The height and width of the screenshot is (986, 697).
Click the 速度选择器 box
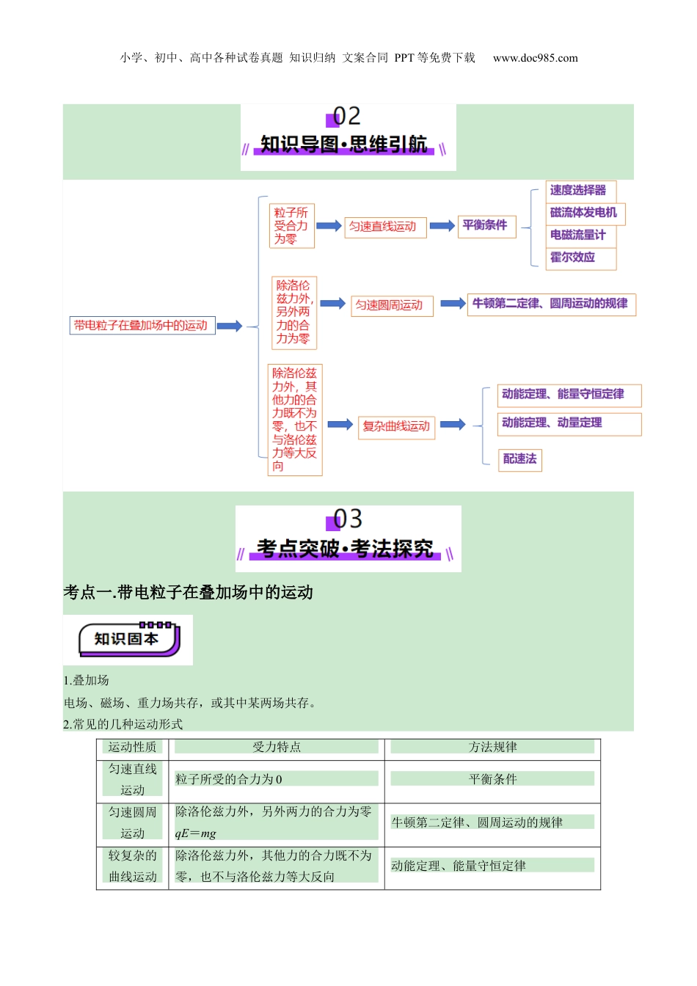[x=578, y=191]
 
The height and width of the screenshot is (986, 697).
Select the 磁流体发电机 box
[x=583, y=213]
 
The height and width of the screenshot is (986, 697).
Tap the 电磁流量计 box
[x=578, y=235]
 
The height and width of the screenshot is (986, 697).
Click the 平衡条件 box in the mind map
[x=484, y=225]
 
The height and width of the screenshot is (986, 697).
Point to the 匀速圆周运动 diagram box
[x=390, y=305]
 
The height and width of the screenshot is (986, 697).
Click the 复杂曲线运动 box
[x=396, y=426]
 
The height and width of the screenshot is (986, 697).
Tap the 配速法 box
[x=519, y=459]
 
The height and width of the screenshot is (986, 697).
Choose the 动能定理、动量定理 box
[x=569, y=423]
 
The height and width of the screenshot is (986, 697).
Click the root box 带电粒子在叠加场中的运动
[x=142, y=326]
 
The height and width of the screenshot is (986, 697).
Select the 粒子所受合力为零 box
[x=291, y=226]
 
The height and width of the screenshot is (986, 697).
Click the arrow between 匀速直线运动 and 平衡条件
[x=442, y=226]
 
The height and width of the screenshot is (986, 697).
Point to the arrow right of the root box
[x=230, y=326]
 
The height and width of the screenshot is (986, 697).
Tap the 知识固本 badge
[x=128, y=640]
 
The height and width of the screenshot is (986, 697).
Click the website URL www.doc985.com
[x=535, y=58]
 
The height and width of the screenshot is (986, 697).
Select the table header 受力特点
[x=277, y=747]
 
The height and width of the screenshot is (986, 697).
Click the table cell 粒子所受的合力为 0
[x=229, y=779]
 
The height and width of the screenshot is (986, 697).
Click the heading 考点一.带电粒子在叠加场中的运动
[x=189, y=593]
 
